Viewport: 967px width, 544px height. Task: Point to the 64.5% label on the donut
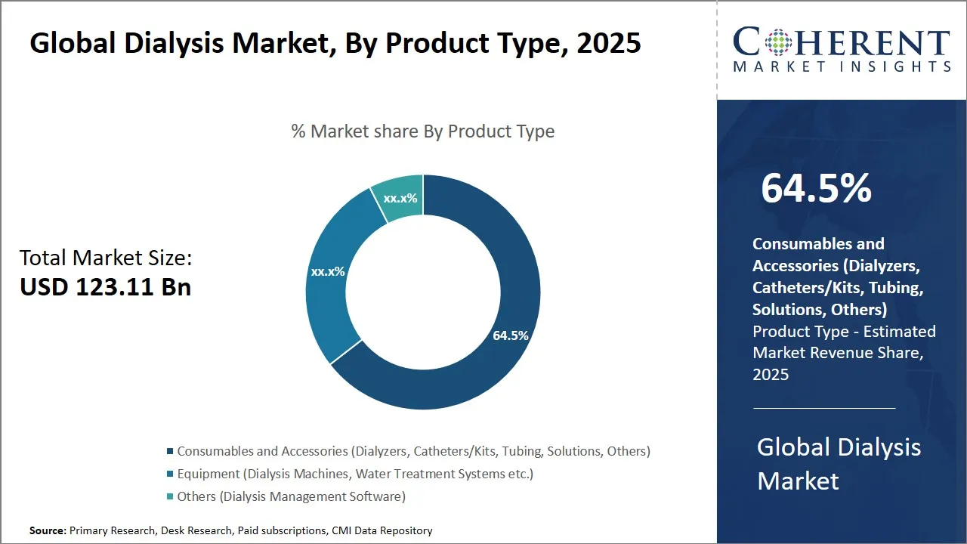[x=510, y=335]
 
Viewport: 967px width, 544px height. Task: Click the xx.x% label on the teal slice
[x=400, y=199]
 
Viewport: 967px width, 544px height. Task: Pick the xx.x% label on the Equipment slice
[x=328, y=271]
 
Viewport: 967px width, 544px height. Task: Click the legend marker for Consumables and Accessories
[x=169, y=452]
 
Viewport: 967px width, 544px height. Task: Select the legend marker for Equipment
[x=169, y=474]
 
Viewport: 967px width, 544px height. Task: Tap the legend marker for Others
[x=169, y=497]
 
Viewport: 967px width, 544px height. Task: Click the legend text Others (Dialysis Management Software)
[x=291, y=496]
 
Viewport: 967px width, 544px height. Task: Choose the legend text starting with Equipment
[x=355, y=474]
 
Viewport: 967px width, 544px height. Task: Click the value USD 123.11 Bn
[x=105, y=287]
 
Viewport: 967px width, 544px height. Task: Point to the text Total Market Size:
[x=106, y=258]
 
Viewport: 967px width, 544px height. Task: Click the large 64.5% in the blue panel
[x=816, y=189]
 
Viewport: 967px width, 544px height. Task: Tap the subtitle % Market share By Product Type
[x=423, y=131]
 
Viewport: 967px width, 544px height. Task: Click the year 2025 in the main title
[x=608, y=44]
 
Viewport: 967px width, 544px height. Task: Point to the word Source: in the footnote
[x=48, y=531]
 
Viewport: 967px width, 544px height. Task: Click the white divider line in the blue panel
[x=824, y=408]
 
